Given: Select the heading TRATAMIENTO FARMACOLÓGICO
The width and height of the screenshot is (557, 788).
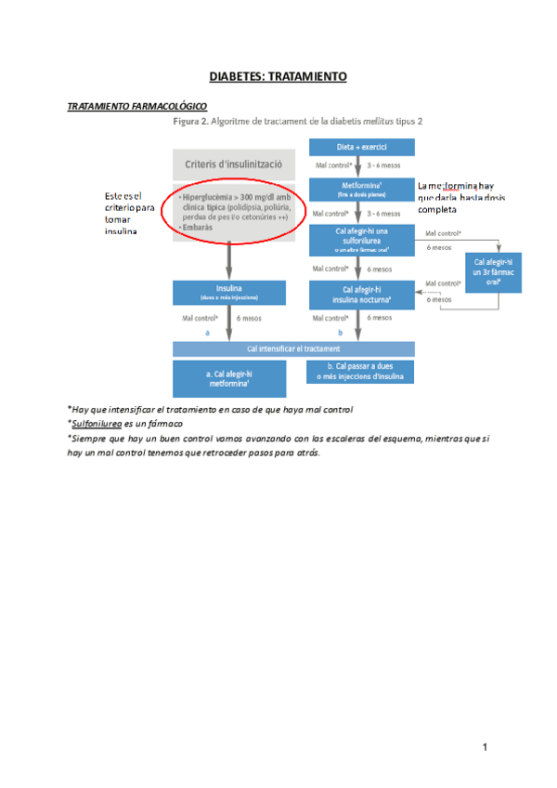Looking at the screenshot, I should click(137, 107).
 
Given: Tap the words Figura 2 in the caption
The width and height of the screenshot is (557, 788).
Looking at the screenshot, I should click(191, 122).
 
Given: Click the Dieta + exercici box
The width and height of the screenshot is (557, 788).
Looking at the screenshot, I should click(361, 147).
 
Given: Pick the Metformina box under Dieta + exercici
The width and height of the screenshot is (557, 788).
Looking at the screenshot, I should click(361, 189).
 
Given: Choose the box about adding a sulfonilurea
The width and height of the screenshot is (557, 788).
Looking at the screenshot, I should click(361, 239).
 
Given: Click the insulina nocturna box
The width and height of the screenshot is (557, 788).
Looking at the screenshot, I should click(361, 295).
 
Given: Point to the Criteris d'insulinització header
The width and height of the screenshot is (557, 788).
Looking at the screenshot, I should click(234, 165).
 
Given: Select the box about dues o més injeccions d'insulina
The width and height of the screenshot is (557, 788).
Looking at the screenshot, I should click(361, 372).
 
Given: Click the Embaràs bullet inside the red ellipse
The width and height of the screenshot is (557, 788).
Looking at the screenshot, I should click(200, 227).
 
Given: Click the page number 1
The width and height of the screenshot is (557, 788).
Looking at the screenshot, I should click(485, 746).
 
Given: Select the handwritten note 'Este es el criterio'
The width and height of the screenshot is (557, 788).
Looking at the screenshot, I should click(129, 213).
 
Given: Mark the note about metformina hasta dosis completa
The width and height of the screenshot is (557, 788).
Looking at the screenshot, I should click(461, 196).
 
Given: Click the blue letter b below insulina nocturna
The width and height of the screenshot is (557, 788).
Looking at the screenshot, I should click(340, 332).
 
